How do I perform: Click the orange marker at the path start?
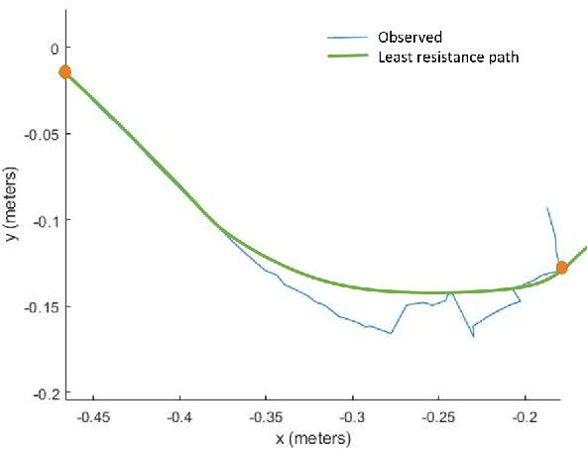tap(65, 71)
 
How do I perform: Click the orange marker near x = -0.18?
tap(562, 268)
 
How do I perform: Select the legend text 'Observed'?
tap(409, 38)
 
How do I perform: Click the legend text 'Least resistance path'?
tap(448, 57)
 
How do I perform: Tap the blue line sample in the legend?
tap(348, 38)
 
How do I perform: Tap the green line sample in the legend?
tap(348, 57)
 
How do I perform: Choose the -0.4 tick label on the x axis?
tap(180, 417)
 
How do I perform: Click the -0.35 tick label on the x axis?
tap(267, 417)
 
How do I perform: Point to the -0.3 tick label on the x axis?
tap(353, 417)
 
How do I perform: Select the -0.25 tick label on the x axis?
tap(439, 417)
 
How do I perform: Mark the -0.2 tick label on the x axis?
tap(526, 417)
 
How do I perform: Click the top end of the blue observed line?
tap(548, 207)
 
